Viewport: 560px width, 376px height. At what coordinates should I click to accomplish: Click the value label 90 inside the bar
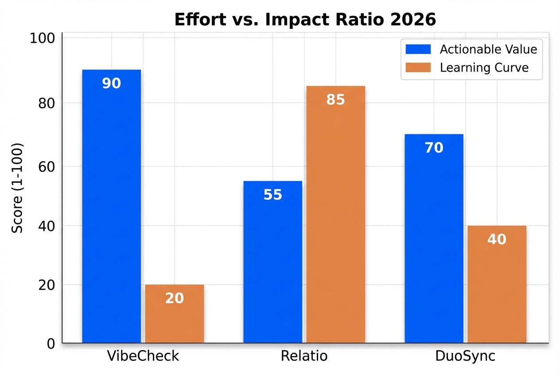112,83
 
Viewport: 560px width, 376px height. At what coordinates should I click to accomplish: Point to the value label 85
335,100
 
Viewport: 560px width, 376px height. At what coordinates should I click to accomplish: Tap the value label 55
273,195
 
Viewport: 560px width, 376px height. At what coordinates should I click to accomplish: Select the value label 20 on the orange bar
175,298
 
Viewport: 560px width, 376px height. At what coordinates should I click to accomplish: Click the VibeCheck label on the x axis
143,356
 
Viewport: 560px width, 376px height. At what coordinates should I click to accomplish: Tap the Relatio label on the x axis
304,356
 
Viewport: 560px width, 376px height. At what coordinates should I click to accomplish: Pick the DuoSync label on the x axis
465,356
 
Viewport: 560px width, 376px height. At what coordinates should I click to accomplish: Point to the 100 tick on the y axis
42,39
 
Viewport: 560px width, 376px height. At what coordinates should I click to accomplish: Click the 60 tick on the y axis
46,167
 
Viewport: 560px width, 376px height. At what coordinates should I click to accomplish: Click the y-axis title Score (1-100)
17,188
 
